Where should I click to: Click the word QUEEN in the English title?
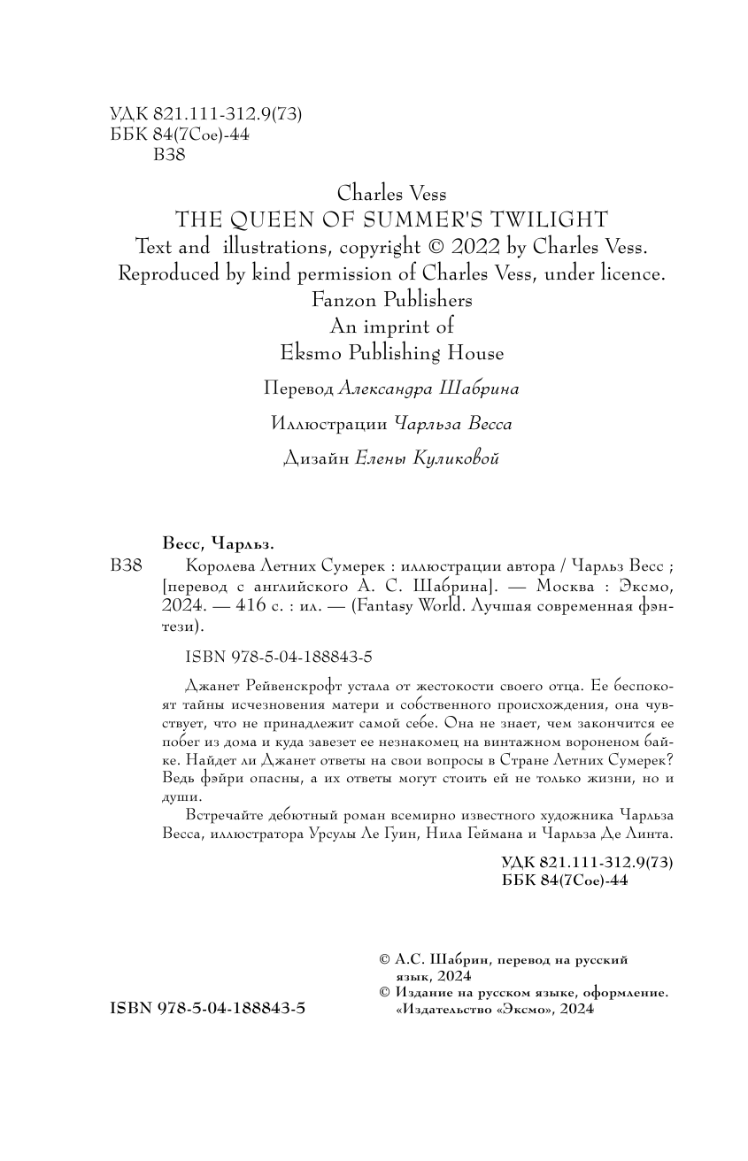[259, 219]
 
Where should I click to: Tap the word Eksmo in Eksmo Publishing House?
[307, 353]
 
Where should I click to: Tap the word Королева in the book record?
[226, 566]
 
